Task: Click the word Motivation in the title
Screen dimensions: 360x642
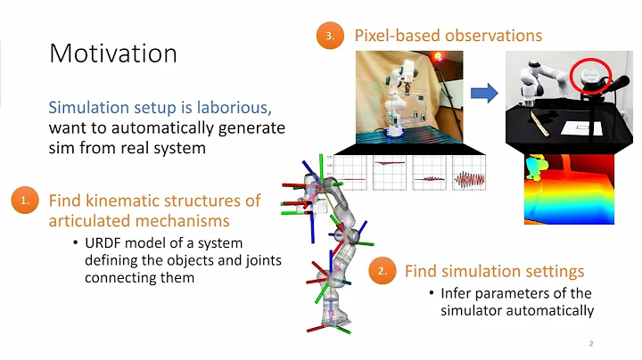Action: pos(112,53)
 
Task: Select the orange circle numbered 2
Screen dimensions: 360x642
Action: pos(383,270)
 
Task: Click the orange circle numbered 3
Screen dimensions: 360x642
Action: pos(329,37)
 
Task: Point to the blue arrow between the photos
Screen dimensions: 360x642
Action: pos(484,91)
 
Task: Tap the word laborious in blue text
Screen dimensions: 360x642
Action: pos(235,108)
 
